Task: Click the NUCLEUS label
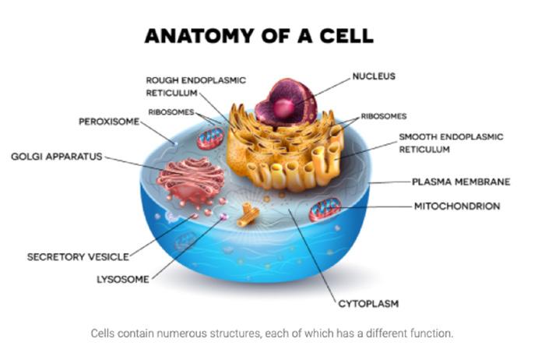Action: click(374, 76)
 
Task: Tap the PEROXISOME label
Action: click(109, 122)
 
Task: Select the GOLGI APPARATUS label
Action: click(57, 157)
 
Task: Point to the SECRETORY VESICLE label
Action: click(78, 257)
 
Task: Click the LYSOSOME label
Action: click(123, 279)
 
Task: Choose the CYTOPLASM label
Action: click(368, 304)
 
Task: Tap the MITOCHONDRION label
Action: click(457, 206)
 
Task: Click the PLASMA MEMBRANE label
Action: click(461, 182)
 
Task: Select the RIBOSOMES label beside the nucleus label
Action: click(384, 116)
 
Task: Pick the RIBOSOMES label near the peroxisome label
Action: click(171, 112)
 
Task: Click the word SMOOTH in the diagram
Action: click(417, 136)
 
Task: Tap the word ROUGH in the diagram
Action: click(162, 80)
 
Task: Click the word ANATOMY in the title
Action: click(199, 36)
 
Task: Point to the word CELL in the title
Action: click(346, 36)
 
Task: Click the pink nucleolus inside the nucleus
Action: click(284, 108)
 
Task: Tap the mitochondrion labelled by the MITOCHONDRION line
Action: click(325, 209)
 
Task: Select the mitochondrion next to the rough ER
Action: click(210, 138)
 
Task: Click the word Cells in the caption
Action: click(103, 334)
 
